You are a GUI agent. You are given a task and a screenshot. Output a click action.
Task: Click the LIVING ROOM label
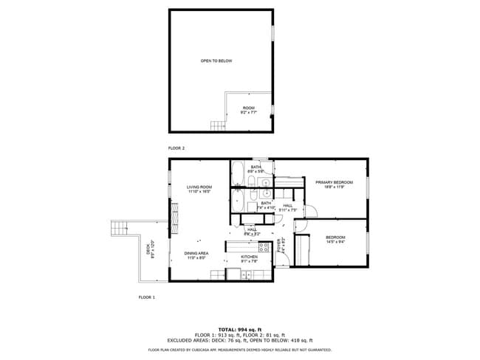tap(199, 187)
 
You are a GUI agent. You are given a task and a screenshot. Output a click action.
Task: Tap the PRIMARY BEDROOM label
tap(334, 182)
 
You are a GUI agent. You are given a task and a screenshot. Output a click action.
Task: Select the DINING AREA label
tap(196, 253)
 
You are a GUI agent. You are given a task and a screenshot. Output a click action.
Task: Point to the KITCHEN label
tap(249, 257)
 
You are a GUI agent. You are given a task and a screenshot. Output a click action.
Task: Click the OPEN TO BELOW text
tap(216, 60)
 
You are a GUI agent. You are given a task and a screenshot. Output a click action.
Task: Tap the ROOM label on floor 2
tap(249, 108)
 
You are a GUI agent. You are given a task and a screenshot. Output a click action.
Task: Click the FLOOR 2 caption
tap(176, 148)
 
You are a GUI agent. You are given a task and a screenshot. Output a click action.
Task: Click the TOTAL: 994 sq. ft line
tap(240, 329)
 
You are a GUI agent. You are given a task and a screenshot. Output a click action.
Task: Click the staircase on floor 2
tap(216, 125)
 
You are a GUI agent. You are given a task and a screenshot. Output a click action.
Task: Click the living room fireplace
tap(175, 218)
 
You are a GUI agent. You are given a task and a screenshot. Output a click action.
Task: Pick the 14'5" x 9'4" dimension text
tap(336, 240)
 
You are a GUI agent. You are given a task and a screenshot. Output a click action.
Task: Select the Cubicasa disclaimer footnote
tap(240, 350)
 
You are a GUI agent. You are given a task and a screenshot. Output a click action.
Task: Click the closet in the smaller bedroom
tap(302, 249)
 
